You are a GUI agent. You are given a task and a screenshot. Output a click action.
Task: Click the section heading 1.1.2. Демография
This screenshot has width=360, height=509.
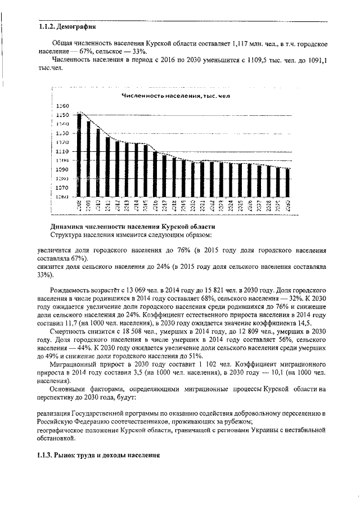(67, 26)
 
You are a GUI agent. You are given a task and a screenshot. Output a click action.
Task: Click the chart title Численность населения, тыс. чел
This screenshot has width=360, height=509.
(177, 97)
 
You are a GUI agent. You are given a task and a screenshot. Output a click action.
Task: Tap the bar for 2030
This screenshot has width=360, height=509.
(288, 183)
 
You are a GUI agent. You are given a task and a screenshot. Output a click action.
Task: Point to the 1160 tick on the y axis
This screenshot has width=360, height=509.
(62, 106)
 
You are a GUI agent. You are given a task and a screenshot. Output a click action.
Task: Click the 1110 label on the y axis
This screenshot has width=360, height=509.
(62, 151)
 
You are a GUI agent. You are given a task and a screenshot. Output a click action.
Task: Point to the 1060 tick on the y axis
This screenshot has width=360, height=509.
(62, 197)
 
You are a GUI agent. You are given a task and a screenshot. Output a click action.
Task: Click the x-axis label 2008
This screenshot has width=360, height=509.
(79, 205)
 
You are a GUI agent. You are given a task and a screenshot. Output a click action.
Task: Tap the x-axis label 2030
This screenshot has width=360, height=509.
(288, 205)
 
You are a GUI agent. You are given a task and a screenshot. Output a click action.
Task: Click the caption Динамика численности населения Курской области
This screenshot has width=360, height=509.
(132, 226)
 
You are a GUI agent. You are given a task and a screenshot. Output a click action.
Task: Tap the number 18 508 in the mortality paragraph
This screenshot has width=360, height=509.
(119, 332)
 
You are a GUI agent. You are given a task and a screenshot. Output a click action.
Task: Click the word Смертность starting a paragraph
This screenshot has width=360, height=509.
(69, 332)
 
